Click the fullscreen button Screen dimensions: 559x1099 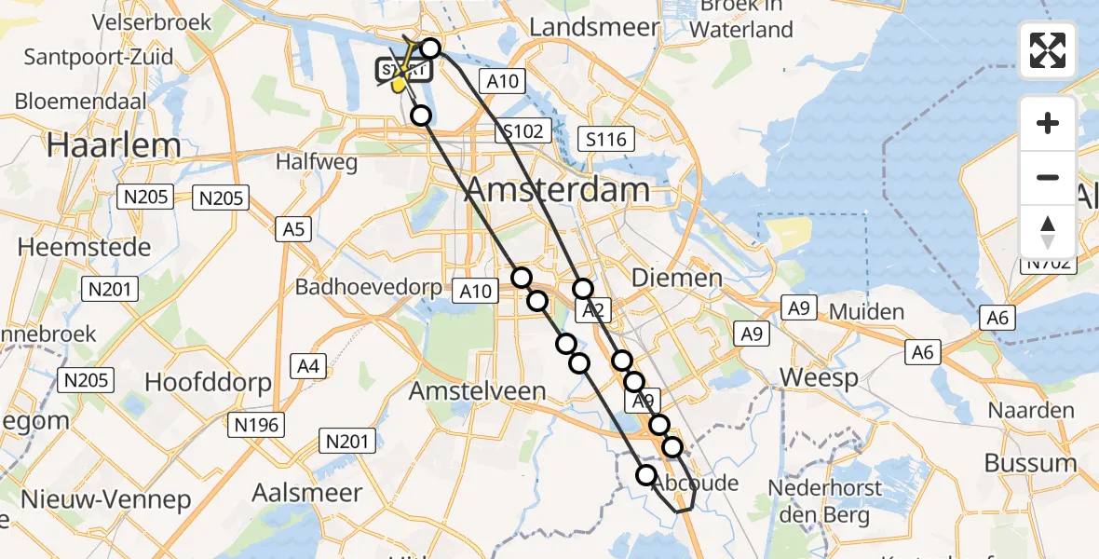pos(1048,50)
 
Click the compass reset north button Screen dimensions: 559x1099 pos(1048,232)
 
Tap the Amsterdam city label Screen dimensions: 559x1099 pos(557,190)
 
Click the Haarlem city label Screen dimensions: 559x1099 pos(114,144)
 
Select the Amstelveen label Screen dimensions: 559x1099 pos(478,391)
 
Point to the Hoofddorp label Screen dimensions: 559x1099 pos(208,382)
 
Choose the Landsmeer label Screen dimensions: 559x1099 pos(594,27)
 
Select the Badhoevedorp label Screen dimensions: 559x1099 pos(368,287)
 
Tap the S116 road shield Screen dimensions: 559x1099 pos(605,140)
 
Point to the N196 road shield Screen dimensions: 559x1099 pos(256,425)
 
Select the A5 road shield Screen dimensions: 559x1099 pos(295,229)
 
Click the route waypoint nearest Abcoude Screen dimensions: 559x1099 pos(646,475)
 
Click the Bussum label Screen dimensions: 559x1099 pos(1031,463)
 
